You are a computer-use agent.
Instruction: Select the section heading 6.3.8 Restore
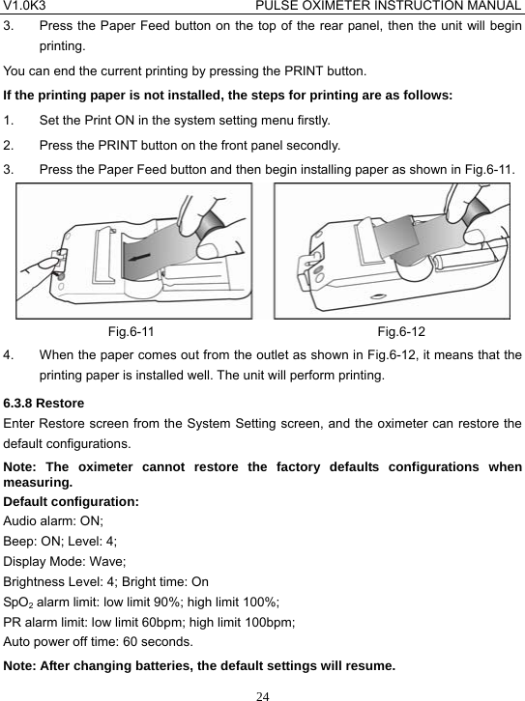coord(44,402)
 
